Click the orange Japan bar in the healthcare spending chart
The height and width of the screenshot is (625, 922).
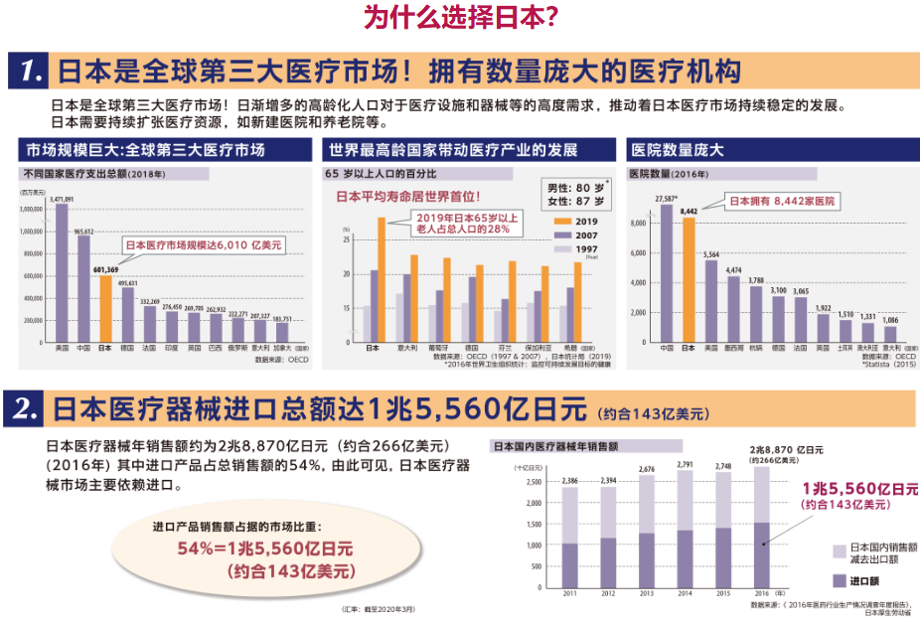[106, 308]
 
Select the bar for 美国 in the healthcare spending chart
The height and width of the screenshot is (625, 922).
[62, 272]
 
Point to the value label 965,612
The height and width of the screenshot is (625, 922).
[83, 231]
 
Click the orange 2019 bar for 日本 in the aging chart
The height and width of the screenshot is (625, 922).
[382, 279]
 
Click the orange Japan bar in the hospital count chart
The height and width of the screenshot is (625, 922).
[689, 279]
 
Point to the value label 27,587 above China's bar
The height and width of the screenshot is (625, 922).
[666, 198]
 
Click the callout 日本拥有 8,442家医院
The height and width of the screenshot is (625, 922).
[783, 201]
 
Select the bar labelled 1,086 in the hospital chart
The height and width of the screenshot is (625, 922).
[890, 334]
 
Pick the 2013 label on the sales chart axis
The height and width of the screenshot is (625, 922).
[648, 593]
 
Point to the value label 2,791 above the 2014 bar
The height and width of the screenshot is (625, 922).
[687, 464]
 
